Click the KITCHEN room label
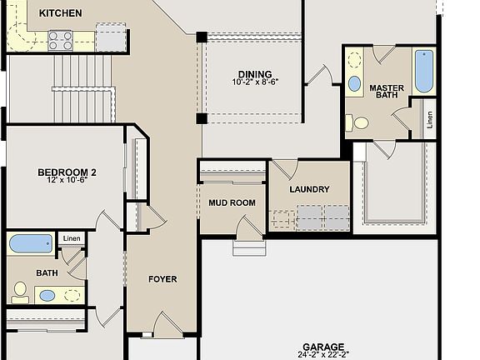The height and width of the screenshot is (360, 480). pyautogui.click(x=61, y=12)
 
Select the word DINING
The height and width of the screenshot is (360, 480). pyautogui.click(x=254, y=73)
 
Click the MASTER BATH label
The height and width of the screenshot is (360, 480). pyautogui.click(x=387, y=92)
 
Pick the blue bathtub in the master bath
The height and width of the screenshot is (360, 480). pyautogui.click(x=423, y=72)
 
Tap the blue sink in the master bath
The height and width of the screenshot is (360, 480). pyautogui.click(x=354, y=83)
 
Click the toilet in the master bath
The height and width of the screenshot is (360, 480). pyautogui.click(x=360, y=123)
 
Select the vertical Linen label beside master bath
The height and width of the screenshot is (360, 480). pyautogui.click(x=429, y=118)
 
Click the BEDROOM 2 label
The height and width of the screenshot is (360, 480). pyautogui.click(x=67, y=172)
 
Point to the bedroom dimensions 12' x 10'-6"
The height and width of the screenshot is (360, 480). pyautogui.click(x=67, y=182)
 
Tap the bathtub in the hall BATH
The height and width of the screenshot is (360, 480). pyautogui.click(x=31, y=244)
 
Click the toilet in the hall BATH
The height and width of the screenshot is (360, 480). pyautogui.click(x=20, y=292)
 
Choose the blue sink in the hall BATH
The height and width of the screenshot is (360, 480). pyautogui.click(x=47, y=295)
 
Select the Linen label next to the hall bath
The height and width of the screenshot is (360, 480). pyautogui.click(x=72, y=239)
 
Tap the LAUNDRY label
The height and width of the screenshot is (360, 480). pyautogui.click(x=309, y=189)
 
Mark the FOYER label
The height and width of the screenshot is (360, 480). pyautogui.click(x=162, y=279)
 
